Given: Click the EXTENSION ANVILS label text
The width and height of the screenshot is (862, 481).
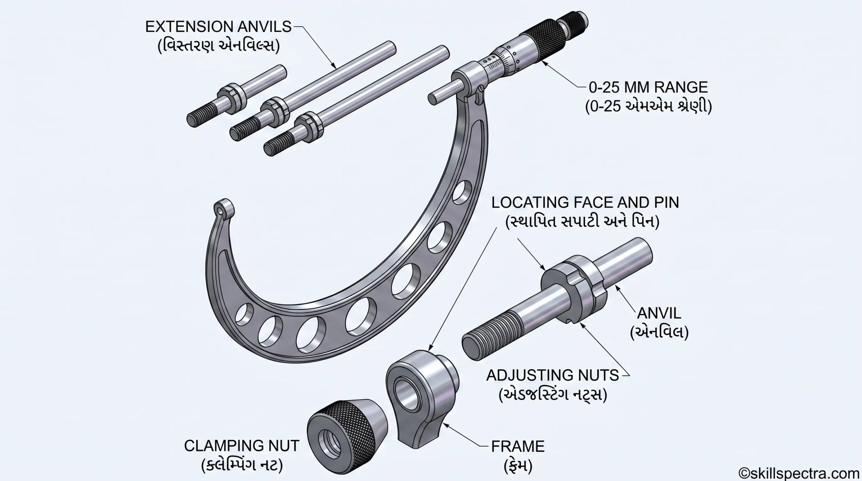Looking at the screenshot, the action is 218,27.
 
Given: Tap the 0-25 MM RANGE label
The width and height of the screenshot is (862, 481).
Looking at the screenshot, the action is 648,88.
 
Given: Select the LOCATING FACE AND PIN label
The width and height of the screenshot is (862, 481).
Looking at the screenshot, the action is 585,203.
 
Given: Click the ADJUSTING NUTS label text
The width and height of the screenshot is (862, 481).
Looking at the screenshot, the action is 553,375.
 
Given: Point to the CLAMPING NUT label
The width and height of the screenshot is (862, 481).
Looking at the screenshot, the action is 241,446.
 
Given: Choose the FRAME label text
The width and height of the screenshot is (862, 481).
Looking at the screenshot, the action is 518,446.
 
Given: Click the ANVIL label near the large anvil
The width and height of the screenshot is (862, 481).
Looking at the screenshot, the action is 659,313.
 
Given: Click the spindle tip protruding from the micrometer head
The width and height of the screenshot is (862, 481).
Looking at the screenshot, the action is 441,93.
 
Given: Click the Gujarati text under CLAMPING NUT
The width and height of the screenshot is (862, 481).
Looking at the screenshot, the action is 241,466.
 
